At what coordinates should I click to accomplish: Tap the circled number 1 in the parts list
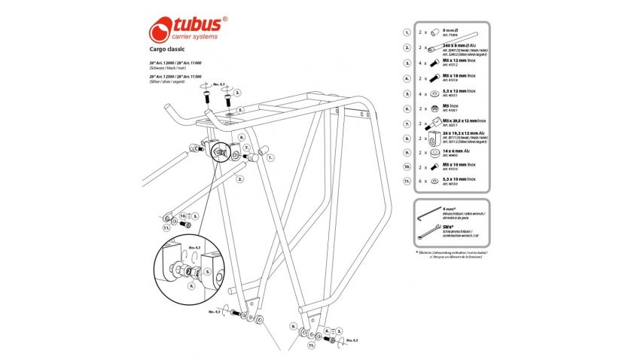coord(407,33)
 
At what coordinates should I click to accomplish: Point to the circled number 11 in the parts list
coord(407,182)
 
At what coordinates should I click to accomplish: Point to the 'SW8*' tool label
coord(447,230)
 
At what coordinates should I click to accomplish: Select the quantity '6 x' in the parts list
coord(427,182)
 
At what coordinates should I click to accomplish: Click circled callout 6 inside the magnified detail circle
coord(191,285)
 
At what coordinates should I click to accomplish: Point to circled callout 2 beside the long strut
coord(237,180)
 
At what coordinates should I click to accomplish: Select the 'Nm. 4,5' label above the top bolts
coord(220,85)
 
